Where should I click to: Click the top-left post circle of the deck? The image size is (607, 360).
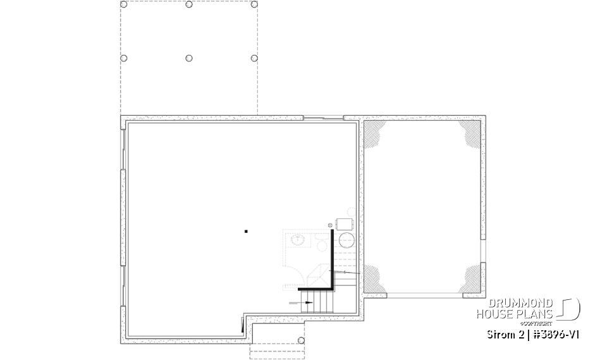(x=123, y=4)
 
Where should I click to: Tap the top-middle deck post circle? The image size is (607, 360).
(x=189, y=4)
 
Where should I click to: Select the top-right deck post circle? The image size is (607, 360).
(x=254, y=4)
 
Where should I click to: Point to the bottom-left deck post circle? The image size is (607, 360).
(x=123, y=58)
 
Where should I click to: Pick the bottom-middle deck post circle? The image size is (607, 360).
(x=189, y=58)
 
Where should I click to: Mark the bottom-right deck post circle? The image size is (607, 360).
(x=254, y=58)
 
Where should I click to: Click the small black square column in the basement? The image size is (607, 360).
(x=246, y=232)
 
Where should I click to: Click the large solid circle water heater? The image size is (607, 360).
(x=346, y=240)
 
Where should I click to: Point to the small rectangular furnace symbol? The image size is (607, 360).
(x=345, y=224)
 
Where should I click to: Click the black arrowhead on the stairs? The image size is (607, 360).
(x=309, y=302)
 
